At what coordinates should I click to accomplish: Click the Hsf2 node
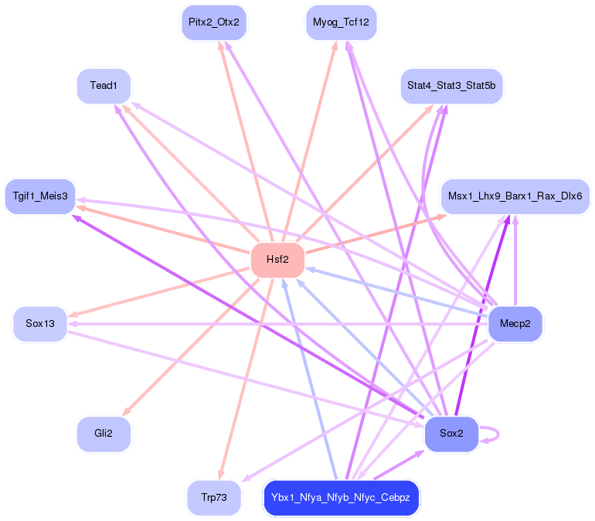tap(277, 260)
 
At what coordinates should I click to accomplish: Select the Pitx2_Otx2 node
tap(214, 22)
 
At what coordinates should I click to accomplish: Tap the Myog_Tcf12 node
tap(341, 22)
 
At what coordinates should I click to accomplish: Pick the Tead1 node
tap(104, 85)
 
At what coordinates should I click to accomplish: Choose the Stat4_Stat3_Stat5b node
tap(451, 85)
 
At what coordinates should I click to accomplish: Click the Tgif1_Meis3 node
tap(40, 196)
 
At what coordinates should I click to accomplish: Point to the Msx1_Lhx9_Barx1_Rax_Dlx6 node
tap(515, 196)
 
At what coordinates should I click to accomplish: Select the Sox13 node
tap(40, 323)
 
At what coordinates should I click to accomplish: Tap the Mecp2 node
tap(515, 323)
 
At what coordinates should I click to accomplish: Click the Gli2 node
tap(104, 434)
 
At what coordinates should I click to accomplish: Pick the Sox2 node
tap(451, 434)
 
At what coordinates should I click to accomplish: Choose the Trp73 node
tap(214, 497)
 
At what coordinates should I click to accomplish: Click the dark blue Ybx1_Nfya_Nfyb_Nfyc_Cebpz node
tap(341, 497)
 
